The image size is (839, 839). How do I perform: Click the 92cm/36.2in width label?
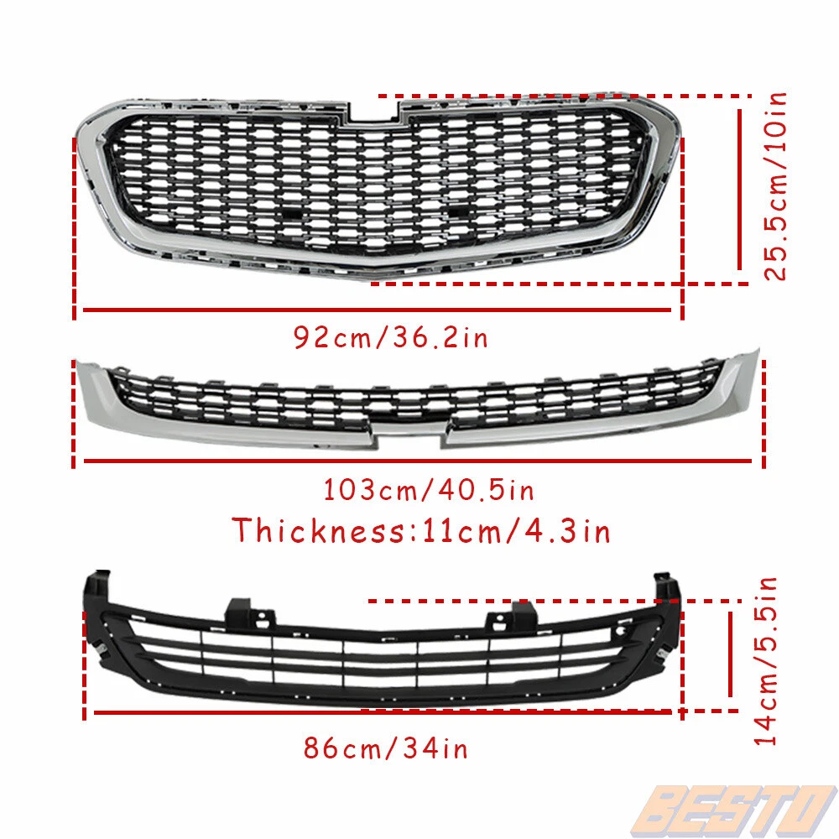click(x=391, y=337)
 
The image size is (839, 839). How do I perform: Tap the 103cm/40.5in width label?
click(x=429, y=490)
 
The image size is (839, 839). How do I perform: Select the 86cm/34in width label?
click(x=385, y=748)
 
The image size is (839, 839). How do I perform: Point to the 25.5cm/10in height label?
click(x=775, y=186)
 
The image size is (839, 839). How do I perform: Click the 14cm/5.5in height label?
click(x=765, y=661)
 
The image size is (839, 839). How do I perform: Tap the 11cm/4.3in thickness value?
click(x=516, y=531)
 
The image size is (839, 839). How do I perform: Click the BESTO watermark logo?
click(x=734, y=810)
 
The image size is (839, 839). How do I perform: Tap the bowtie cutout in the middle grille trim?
click(x=409, y=435)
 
